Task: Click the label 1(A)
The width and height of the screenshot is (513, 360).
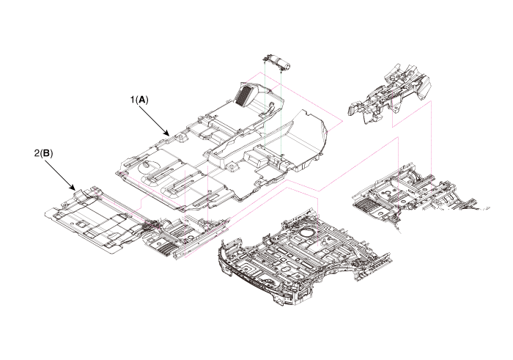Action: tap(139, 99)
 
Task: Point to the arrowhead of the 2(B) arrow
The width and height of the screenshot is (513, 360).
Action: tap(75, 190)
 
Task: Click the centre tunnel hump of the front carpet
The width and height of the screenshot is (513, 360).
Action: tap(242, 147)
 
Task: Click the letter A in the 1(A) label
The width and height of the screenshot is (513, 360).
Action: tap(142, 99)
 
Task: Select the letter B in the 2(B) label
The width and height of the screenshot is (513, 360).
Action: tap(46, 154)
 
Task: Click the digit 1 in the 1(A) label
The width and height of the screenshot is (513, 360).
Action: tap(131, 99)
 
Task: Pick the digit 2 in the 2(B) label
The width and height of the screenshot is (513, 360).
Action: tap(36, 154)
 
